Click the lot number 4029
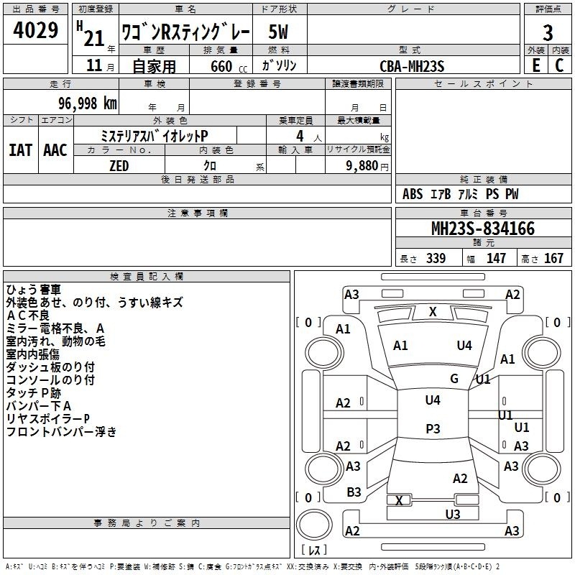(x=35, y=29)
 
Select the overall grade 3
(x=548, y=33)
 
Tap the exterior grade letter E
(x=535, y=65)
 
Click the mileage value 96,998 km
(x=88, y=103)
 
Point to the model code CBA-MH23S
(x=412, y=66)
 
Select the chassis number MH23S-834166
(x=483, y=229)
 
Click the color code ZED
(x=119, y=166)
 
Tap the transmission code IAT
(x=21, y=150)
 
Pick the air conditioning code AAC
(x=55, y=150)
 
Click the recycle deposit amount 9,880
(x=362, y=166)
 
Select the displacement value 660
(x=221, y=66)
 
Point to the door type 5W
(x=278, y=32)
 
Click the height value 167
(x=553, y=258)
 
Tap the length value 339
(x=436, y=258)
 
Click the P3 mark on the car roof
(x=433, y=428)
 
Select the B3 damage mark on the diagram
(x=354, y=492)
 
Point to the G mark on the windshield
(x=454, y=379)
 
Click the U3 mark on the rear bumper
(x=453, y=515)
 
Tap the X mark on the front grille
(x=433, y=312)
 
